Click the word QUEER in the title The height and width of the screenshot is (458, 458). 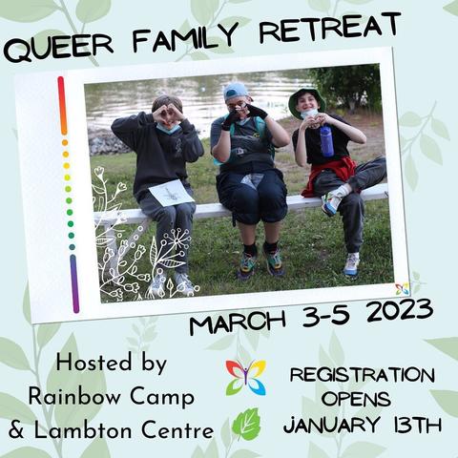pos(58,49)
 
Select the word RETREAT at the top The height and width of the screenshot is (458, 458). pos(330,27)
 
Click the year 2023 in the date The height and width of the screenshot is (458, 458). pos(400,313)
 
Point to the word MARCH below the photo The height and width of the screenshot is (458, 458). pos(238,323)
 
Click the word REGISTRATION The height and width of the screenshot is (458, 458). pos(363,375)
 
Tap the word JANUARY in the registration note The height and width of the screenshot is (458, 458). pos(332,425)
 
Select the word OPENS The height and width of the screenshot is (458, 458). pos(356,399)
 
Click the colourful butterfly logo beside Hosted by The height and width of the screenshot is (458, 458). pos(246,377)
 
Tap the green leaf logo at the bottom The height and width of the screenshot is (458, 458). pos(246,425)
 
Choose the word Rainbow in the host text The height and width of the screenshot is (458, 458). pos(75,397)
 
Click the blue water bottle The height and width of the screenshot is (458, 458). pos(326,141)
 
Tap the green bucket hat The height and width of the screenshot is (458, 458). pos(307,102)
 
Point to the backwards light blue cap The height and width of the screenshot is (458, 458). pos(236,92)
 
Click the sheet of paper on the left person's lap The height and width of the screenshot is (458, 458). pos(172,193)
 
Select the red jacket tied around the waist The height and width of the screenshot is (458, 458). pos(329,176)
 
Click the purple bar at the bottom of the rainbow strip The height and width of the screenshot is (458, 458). pos(74,283)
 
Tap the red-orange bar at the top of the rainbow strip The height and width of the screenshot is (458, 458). pos(63,106)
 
